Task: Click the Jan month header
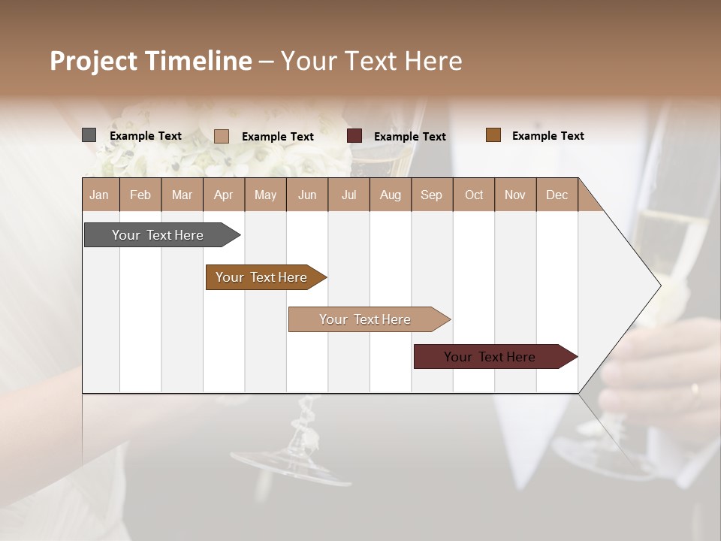[x=99, y=195]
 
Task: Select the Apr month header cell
[x=224, y=195]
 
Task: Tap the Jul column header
[x=348, y=195]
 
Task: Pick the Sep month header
[x=431, y=195]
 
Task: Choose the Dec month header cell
[x=557, y=195]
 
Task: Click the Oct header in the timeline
[x=474, y=195]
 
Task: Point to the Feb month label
[x=140, y=195]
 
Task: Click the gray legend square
[x=89, y=135]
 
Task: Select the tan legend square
[x=222, y=136]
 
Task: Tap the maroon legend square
[x=354, y=136]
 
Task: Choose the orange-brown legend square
[x=493, y=135]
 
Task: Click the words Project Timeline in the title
[x=150, y=61]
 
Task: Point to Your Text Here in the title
[x=371, y=61]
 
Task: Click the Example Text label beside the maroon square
[x=409, y=137]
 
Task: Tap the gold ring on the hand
[x=695, y=389]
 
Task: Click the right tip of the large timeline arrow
[x=659, y=285]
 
